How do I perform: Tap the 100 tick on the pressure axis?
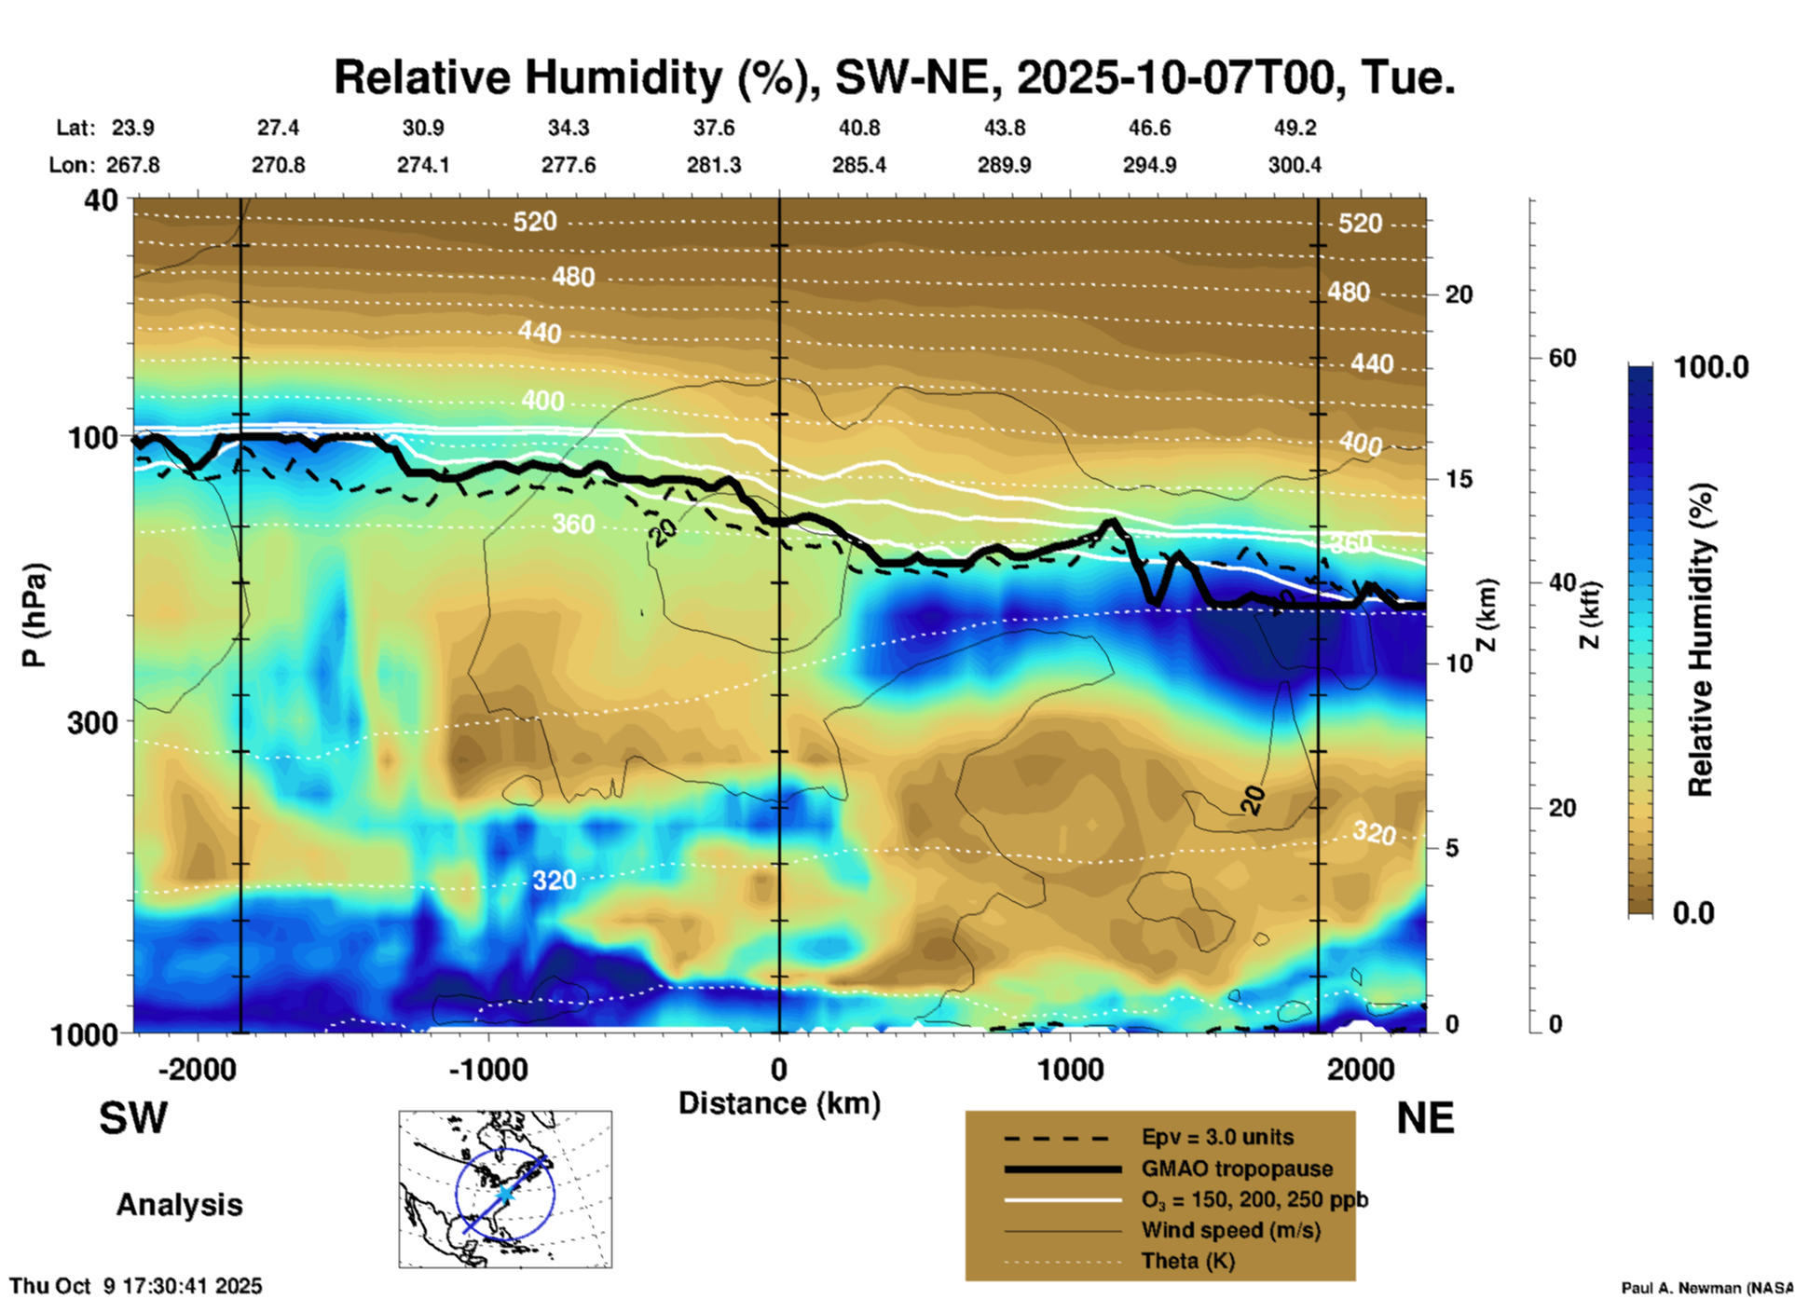pyautogui.click(x=92, y=437)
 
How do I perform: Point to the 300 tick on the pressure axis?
pyautogui.click(x=92, y=722)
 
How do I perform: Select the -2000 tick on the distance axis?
pyautogui.click(x=197, y=1069)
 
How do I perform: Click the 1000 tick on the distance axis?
pyautogui.click(x=1070, y=1069)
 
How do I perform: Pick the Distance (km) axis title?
pyautogui.click(x=779, y=1103)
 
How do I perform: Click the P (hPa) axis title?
pyautogui.click(x=34, y=615)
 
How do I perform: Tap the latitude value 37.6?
pyautogui.click(x=713, y=128)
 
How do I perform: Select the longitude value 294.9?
pyautogui.click(x=1148, y=165)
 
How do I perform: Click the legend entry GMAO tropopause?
pyautogui.click(x=1237, y=1169)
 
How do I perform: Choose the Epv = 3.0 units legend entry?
pyautogui.click(x=1217, y=1137)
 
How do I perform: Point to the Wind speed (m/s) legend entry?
pyautogui.click(x=1230, y=1230)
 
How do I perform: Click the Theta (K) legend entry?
pyautogui.click(x=1187, y=1261)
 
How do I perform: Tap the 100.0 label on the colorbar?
pyautogui.click(x=1711, y=367)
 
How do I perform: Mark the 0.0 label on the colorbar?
pyautogui.click(x=1693, y=912)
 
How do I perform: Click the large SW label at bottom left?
pyautogui.click(x=133, y=1118)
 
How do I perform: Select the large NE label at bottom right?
pyautogui.click(x=1425, y=1118)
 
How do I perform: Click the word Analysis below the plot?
pyautogui.click(x=179, y=1205)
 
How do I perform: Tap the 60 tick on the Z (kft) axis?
pyautogui.click(x=1562, y=358)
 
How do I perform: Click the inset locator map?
pyautogui.click(x=505, y=1189)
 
